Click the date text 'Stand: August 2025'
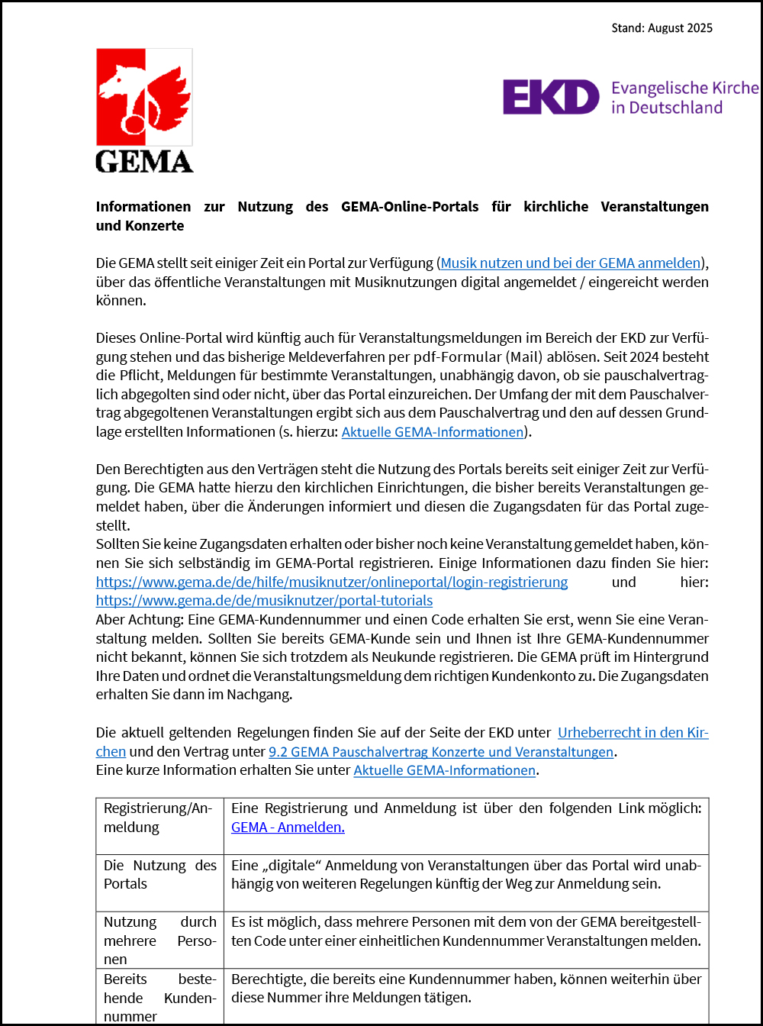click(x=662, y=28)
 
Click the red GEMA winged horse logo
click(x=143, y=97)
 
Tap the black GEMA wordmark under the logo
click(x=144, y=161)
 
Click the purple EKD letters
click(x=551, y=97)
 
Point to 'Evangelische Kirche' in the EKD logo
click(x=684, y=88)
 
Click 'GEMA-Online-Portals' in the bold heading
click(x=410, y=207)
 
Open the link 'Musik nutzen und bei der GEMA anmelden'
click(x=571, y=263)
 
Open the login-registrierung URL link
click(x=331, y=582)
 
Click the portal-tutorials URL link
click(x=264, y=601)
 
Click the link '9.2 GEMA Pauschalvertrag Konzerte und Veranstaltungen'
click(x=441, y=752)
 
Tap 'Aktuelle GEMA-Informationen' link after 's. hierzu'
click(x=433, y=432)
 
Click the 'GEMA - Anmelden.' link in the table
click(x=288, y=828)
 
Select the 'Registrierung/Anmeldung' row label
click(x=157, y=818)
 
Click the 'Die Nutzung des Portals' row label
click(x=160, y=875)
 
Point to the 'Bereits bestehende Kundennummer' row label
click(x=160, y=998)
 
